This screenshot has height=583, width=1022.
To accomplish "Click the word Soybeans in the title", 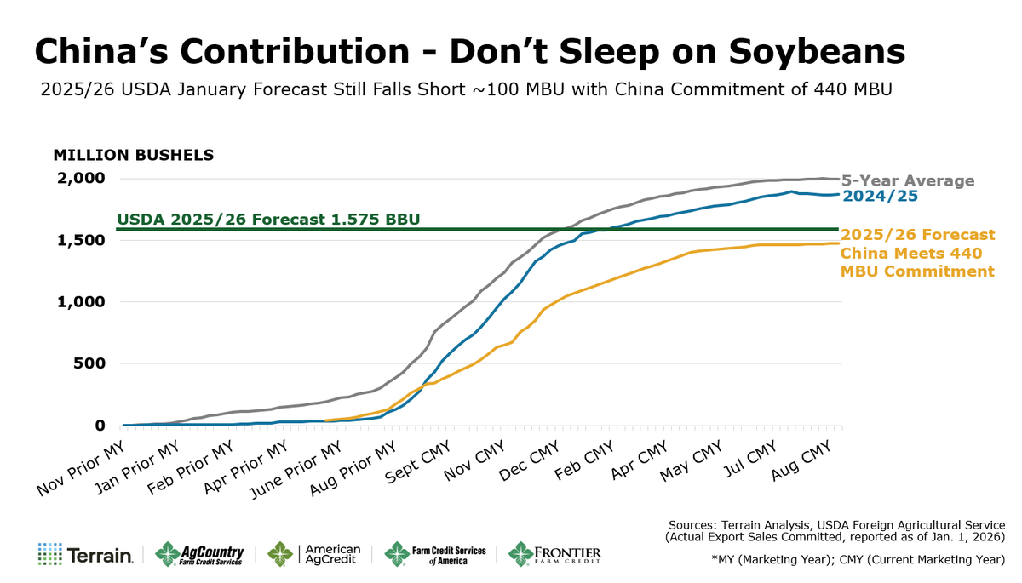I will click(x=805, y=52).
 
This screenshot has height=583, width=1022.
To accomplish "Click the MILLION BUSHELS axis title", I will click(x=134, y=156).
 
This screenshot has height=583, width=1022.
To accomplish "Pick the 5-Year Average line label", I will click(x=908, y=181).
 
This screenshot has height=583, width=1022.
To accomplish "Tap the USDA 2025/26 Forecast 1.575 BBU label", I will click(x=268, y=219).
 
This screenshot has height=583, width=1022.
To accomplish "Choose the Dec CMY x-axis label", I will click(x=530, y=461).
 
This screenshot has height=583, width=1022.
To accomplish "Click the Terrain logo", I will click(x=85, y=556).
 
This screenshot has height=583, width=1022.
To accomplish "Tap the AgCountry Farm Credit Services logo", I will click(x=199, y=555).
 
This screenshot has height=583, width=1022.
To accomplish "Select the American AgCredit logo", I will click(x=314, y=555).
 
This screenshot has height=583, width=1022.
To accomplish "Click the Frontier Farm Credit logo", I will click(x=554, y=555).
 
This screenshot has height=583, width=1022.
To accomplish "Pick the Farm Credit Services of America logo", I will click(x=435, y=555).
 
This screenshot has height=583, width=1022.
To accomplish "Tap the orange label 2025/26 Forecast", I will click(x=917, y=235).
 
